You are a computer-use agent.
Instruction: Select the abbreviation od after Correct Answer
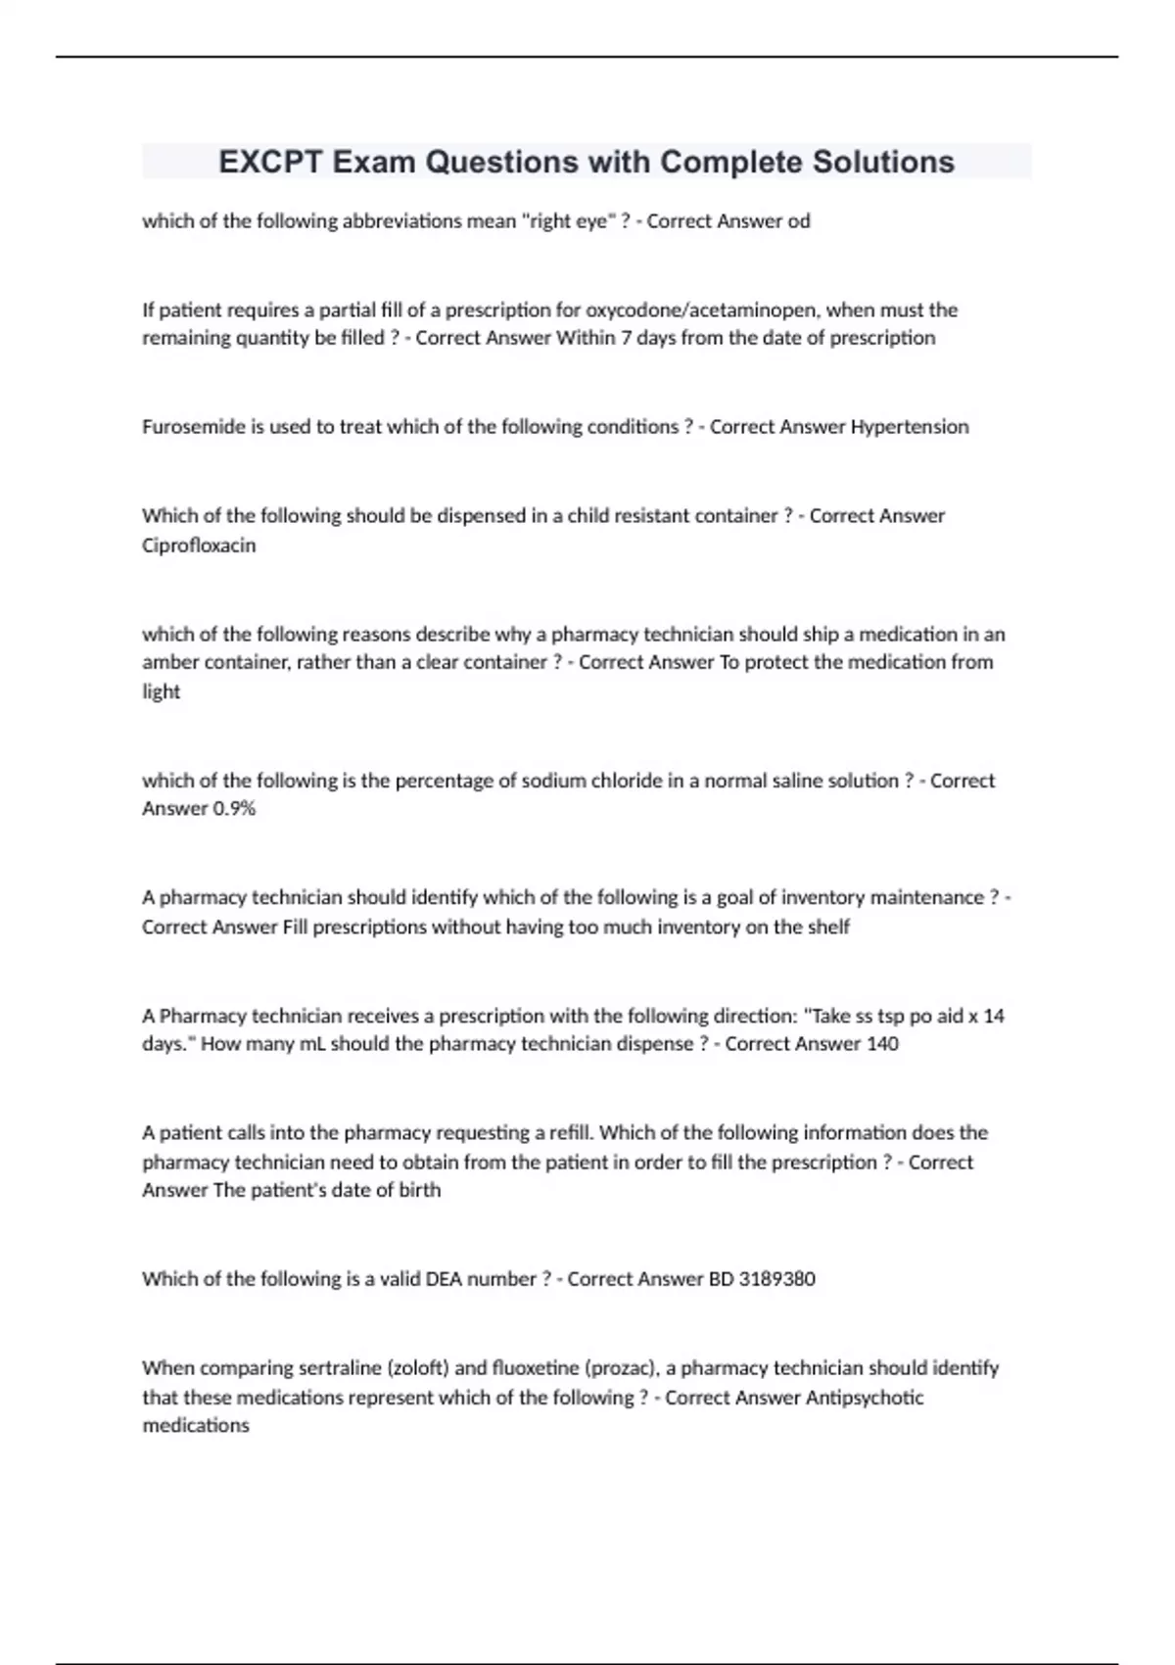[x=799, y=221]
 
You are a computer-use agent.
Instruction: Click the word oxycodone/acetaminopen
[x=704, y=310]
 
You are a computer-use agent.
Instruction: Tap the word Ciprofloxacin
[x=199, y=546]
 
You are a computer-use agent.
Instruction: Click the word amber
[x=168, y=662]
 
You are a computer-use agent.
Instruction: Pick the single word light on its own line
[x=161, y=691]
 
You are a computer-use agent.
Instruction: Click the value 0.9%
[x=234, y=809]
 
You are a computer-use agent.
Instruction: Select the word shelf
[x=828, y=927]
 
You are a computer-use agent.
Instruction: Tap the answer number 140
[x=882, y=1044]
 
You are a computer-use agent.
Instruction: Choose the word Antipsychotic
[x=864, y=1398]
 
